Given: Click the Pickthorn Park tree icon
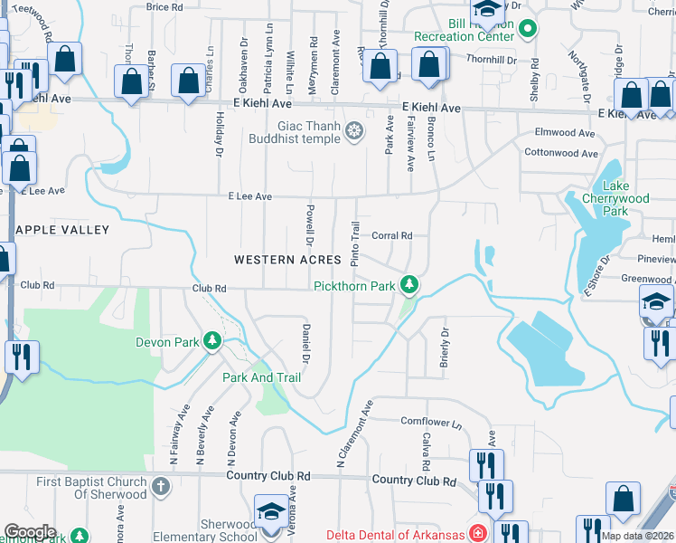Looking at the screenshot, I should pyautogui.click(x=410, y=286).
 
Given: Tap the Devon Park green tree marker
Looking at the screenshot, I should pyautogui.click(x=212, y=341).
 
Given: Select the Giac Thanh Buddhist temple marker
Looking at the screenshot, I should pyautogui.click(x=355, y=132).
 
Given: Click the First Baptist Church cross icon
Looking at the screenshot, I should pyautogui.click(x=160, y=488).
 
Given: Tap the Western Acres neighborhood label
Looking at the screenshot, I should pyautogui.click(x=287, y=260).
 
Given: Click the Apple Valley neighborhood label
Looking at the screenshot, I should pyautogui.click(x=55, y=230).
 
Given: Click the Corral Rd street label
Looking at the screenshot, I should pyautogui.click(x=391, y=235).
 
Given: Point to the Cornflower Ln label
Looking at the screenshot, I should pyautogui.click(x=431, y=422).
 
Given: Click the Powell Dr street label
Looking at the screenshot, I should pyautogui.click(x=308, y=225).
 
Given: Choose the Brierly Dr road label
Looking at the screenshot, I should pyautogui.click(x=444, y=343).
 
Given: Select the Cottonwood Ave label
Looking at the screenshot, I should pyautogui.click(x=559, y=153).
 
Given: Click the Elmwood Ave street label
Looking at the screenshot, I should pyautogui.click(x=565, y=133).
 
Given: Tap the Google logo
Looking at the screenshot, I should pyautogui.click(x=30, y=532).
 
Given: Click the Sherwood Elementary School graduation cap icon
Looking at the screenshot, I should pyautogui.click(x=270, y=512).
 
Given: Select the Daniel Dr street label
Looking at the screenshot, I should pyautogui.click(x=305, y=344).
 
